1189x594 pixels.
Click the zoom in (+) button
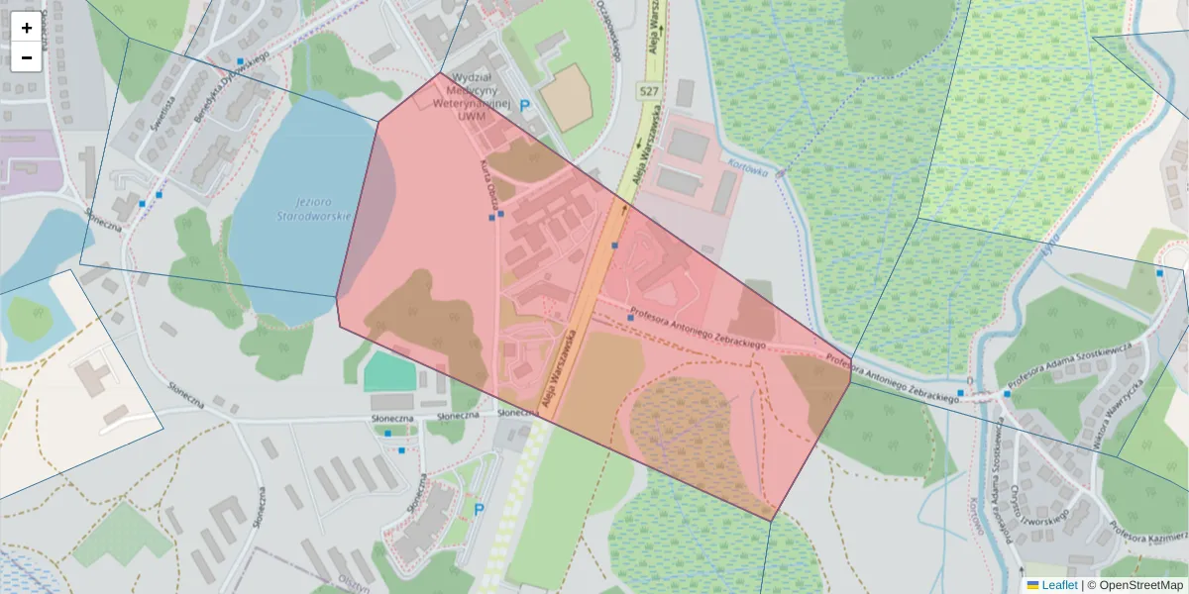point(27,28)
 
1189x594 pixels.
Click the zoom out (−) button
point(27,57)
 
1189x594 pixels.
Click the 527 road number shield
point(649,92)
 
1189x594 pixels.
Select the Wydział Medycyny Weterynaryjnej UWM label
point(480,96)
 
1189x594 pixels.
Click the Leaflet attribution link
point(1059,585)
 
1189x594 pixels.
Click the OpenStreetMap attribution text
point(1139,585)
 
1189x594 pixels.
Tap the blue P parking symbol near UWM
point(525,105)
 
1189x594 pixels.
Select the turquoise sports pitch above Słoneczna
point(389,372)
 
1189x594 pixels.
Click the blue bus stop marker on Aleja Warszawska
point(615,245)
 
